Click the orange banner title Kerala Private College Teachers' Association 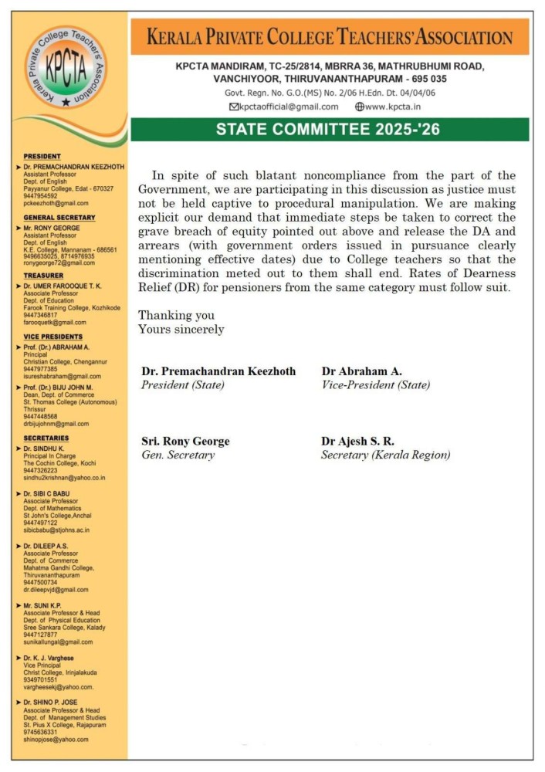pos(329,37)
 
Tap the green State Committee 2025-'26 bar pos(329,129)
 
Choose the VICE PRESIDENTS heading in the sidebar pos(52,337)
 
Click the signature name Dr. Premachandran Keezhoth pos(218,371)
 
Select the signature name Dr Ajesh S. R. pos(357,441)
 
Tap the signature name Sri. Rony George pos(184,441)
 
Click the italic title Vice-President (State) pos(375,384)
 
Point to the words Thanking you pos(176,316)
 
